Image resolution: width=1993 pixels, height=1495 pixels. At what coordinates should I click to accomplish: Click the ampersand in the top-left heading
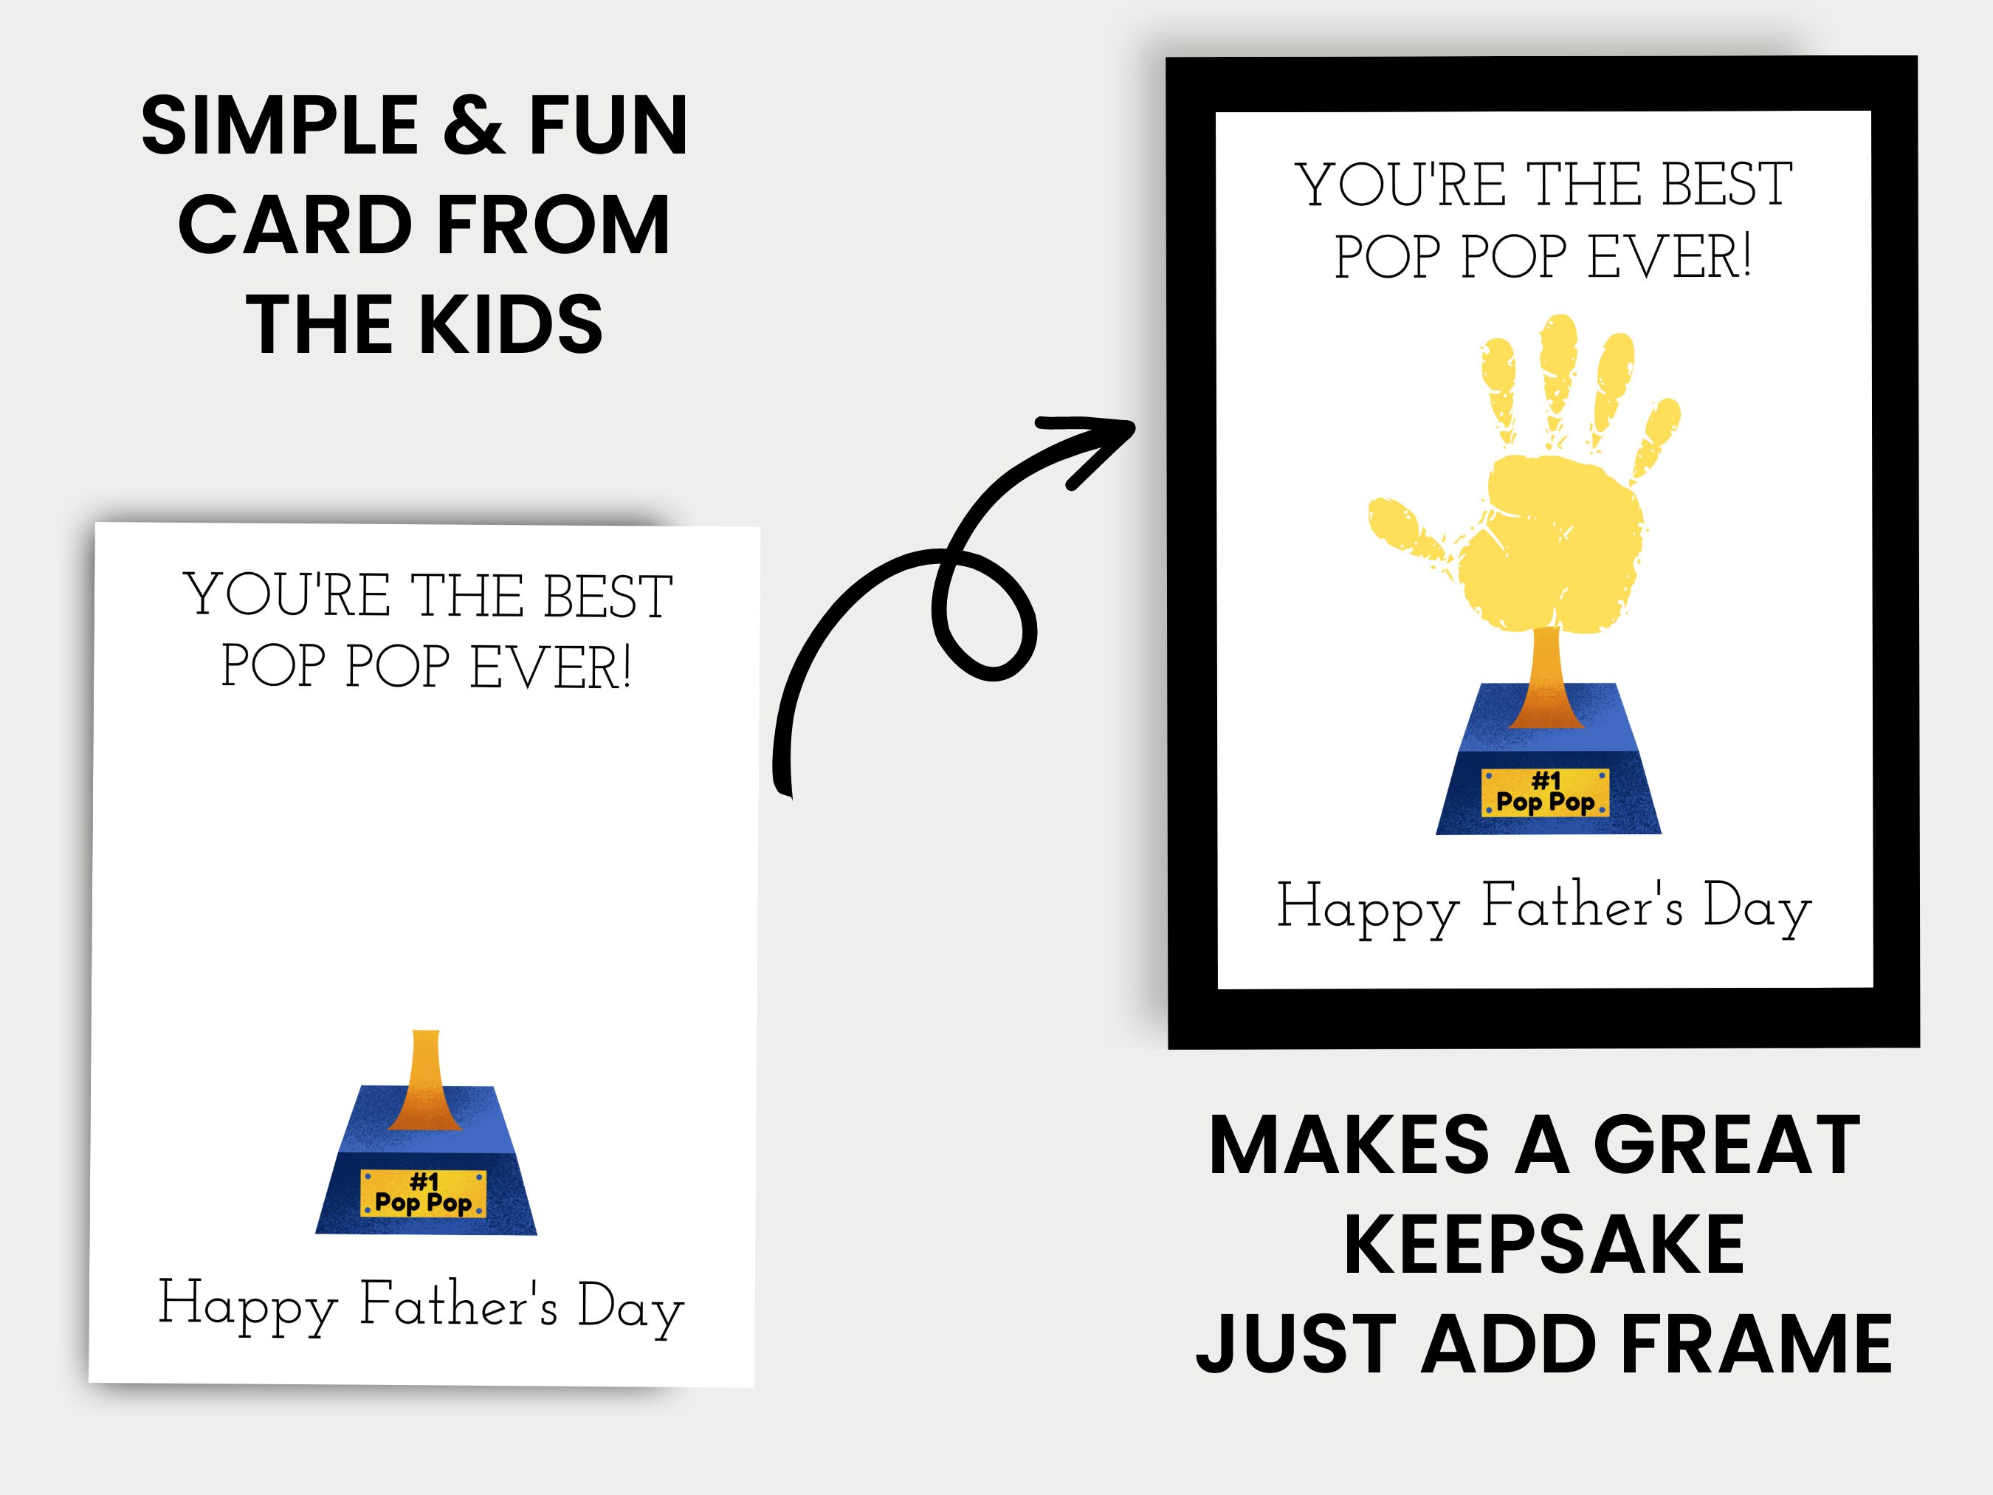474,126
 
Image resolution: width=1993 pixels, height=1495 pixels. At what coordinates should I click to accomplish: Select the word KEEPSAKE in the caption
1544,1245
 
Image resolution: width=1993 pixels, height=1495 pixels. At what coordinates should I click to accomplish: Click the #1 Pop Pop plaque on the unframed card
424,1193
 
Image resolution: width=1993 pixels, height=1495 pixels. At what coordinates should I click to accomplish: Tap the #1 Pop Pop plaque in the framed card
1545,793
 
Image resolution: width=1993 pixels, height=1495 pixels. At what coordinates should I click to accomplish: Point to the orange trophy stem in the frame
1546,676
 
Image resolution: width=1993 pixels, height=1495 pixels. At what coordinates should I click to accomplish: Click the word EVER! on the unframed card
550,667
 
